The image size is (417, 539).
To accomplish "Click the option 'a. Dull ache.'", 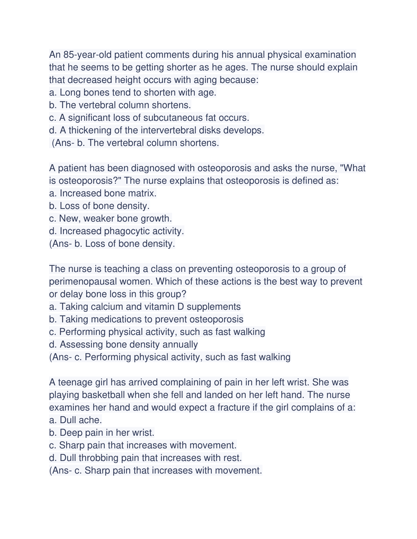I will point(75,420).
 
